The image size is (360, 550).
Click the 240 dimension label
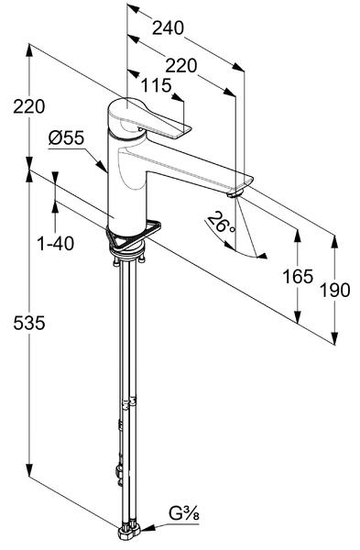pyautogui.click(x=168, y=27)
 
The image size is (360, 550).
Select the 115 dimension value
pyautogui.click(x=156, y=85)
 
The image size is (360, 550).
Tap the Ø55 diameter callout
pyautogui.click(x=66, y=137)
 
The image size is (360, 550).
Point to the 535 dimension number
pyautogui.click(x=29, y=323)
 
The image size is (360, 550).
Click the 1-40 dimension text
pyautogui.click(x=55, y=243)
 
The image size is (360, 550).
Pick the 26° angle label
pyautogui.click(x=222, y=223)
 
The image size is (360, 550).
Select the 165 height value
pyautogui.click(x=298, y=277)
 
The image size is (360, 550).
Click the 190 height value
pyautogui.click(x=335, y=290)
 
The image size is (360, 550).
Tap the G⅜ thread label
pyautogui.click(x=184, y=514)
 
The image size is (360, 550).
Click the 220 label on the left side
pyautogui.click(x=29, y=106)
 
